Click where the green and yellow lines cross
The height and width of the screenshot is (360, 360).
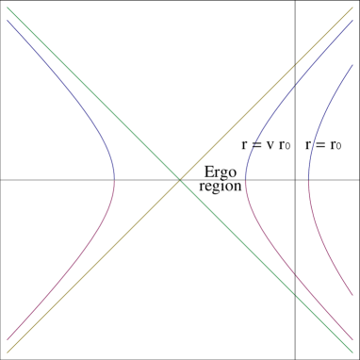pos(180,179)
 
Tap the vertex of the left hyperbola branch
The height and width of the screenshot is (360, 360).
pos(114,178)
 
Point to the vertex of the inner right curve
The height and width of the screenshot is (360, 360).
pos(245,178)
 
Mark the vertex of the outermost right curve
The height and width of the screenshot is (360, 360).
pos(308,178)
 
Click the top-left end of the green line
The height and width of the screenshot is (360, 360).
pos(8,8)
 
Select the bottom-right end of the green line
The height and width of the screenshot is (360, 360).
pos(352,352)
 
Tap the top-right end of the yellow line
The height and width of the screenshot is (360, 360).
pos(352,8)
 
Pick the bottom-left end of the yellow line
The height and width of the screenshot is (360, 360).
pos(8,352)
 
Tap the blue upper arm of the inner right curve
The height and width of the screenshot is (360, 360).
pos(283,94)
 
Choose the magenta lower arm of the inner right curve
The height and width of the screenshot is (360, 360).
pos(283,263)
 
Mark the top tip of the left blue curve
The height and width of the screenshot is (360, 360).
pos(8,20)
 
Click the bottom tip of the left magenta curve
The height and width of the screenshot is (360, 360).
pos(8,338)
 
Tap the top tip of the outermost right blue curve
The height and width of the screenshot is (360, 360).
pos(352,64)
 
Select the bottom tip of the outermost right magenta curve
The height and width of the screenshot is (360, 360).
pos(352,294)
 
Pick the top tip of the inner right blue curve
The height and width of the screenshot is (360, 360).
pos(352,20)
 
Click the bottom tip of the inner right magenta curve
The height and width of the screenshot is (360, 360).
pos(352,338)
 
